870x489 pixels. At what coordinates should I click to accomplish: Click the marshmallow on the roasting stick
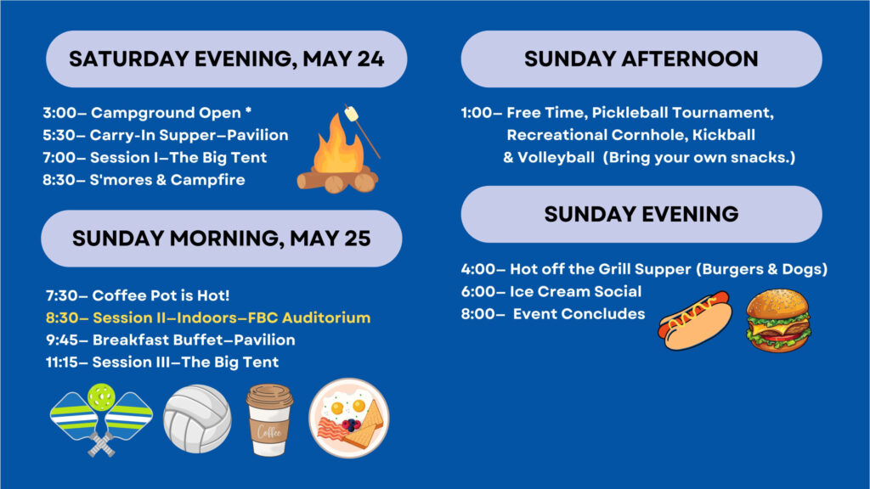tap(351, 115)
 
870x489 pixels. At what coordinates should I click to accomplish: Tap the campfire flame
tap(338, 144)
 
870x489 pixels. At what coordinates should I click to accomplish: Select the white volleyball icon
tap(197, 419)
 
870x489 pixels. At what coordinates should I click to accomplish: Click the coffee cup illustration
tap(269, 420)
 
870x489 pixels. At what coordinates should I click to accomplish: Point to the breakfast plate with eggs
tap(349, 418)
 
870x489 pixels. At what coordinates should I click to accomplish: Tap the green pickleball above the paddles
tap(101, 397)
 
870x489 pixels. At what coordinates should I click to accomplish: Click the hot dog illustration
tap(695, 320)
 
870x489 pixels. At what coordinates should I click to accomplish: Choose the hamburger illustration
tap(778, 320)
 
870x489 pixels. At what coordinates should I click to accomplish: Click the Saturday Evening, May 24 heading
tap(226, 59)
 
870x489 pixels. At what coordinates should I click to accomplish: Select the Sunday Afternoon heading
tap(641, 59)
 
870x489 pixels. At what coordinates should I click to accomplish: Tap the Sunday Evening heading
tap(641, 214)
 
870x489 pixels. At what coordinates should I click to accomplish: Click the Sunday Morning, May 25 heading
tap(222, 239)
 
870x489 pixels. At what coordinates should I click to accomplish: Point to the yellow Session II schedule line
tap(208, 318)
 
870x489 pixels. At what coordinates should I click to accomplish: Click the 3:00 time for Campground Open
tap(60, 113)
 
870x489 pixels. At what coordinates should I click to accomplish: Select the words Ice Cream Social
tap(575, 292)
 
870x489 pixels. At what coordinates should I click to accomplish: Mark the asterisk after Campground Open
tap(249, 110)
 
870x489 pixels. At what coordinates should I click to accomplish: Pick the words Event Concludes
tap(579, 314)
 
